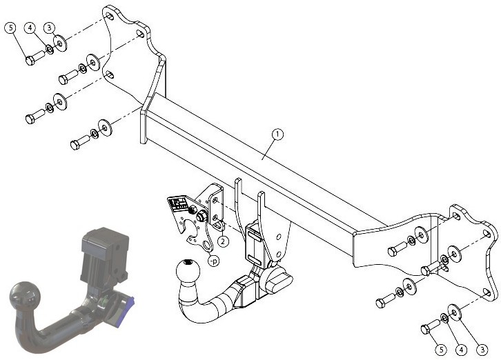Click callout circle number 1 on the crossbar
pyautogui.click(x=277, y=134)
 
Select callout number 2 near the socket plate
pyautogui.click(x=223, y=241)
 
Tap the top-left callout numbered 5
pyautogui.click(x=10, y=28)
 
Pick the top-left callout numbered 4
pyautogui.click(x=30, y=28)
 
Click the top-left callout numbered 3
pyautogui.click(x=49, y=28)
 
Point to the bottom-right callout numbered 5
pyautogui.click(x=441, y=350)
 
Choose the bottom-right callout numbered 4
pyautogui.click(x=461, y=350)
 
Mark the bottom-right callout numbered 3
pyautogui.click(x=482, y=350)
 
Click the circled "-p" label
pyautogui.click(x=213, y=261)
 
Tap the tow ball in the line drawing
pyautogui.click(x=188, y=271)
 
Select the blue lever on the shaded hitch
pyautogui.click(x=127, y=310)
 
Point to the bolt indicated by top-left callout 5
pyautogui.click(x=35, y=57)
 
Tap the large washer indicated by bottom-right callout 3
pyautogui.click(x=454, y=312)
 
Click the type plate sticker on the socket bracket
pyautogui.click(x=179, y=204)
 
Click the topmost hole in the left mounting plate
pyautogui.click(x=109, y=16)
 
